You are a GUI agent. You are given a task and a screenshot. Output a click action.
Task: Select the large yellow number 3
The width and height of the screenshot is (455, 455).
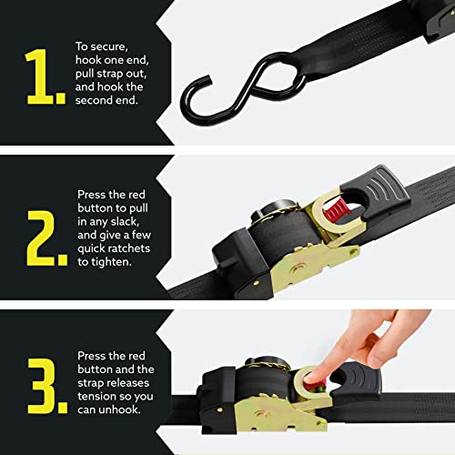(x=44, y=379)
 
